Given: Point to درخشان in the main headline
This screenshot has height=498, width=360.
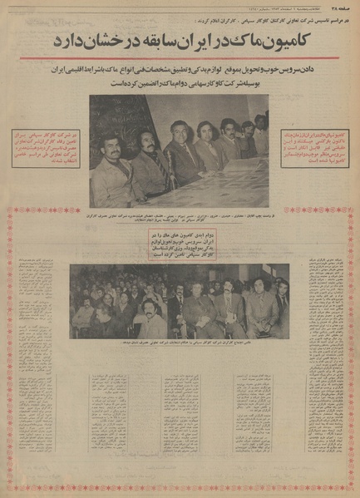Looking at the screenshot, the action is pyautogui.click(x=104, y=40).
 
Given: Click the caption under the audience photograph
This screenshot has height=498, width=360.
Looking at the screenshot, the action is pyautogui.click(x=180, y=344).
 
